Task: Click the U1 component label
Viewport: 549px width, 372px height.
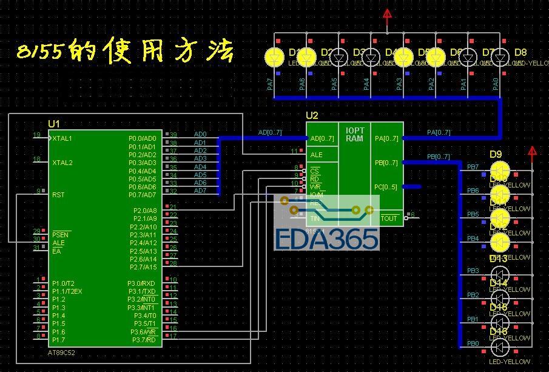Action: click(54, 123)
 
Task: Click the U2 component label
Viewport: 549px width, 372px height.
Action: click(312, 115)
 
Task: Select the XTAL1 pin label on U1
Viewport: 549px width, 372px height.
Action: click(62, 138)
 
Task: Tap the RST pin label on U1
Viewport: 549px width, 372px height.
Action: click(58, 195)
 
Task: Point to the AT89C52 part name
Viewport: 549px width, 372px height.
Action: click(62, 353)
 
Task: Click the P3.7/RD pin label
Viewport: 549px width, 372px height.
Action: click(144, 340)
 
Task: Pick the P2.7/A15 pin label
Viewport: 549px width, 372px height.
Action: click(144, 267)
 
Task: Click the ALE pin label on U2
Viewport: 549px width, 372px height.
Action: click(316, 155)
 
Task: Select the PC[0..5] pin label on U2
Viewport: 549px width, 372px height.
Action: click(386, 187)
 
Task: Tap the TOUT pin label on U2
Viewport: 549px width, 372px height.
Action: click(389, 218)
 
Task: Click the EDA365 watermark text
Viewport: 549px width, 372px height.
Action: click(326, 238)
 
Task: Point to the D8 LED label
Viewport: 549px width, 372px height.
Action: click(520, 52)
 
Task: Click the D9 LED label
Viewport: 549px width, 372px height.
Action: click(496, 154)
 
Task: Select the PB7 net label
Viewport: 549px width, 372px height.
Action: click(473, 167)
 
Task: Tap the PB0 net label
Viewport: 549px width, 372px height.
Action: click(473, 343)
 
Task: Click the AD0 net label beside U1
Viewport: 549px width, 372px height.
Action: click(200, 134)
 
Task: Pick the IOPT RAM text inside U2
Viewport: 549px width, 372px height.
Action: click(355, 134)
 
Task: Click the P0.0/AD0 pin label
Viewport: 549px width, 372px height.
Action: click(142, 138)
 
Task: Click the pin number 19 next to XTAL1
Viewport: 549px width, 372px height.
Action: click(37, 135)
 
